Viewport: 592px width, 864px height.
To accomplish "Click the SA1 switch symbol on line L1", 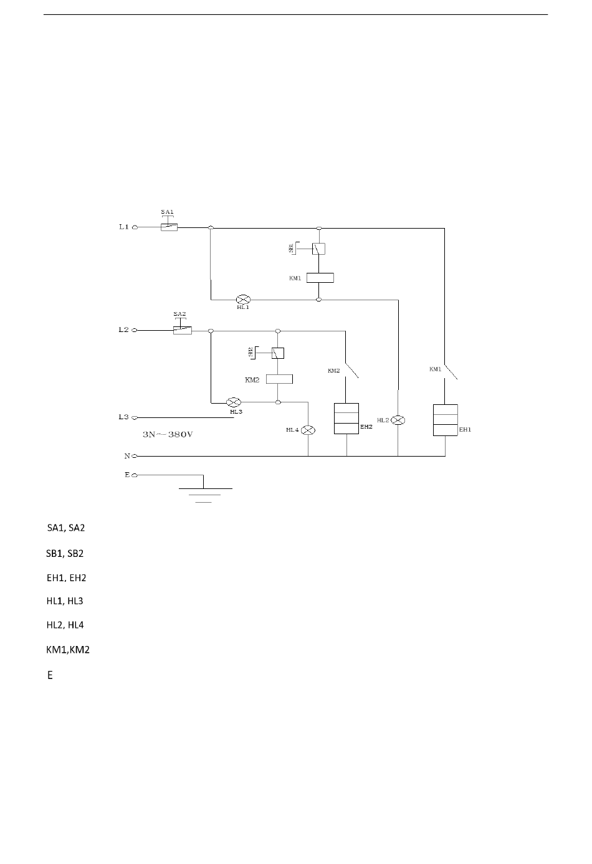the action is click(x=169, y=227).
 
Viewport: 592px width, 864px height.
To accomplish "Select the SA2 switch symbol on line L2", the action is click(x=183, y=330).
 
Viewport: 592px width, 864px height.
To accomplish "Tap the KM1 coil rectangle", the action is click(x=320, y=278).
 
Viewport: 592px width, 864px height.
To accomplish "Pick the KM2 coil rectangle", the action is click(x=279, y=379).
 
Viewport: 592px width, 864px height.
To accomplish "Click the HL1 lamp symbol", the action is click(x=243, y=299).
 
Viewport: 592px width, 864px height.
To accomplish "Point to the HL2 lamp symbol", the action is click(x=398, y=420).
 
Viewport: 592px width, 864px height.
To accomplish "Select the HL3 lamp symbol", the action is click(x=233, y=402).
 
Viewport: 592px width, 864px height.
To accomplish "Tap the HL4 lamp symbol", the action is click(x=308, y=430).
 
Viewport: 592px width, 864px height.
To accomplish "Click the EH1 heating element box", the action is click(x=446, y=420).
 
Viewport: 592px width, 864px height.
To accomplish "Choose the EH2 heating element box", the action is click(x=346, y=419).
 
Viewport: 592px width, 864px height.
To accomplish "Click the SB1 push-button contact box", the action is click(x=319, y=249).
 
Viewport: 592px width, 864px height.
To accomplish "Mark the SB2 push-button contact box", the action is click(x=278, y=353).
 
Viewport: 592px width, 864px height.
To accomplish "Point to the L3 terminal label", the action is click(x=123, y=417).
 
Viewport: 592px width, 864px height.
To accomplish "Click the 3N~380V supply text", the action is click(x=168, y=434).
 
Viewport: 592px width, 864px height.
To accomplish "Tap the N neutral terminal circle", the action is click(x=135, y=457).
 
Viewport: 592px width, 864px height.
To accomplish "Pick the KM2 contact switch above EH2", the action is click(x=351, y=370).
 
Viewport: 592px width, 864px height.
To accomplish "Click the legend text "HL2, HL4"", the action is click(x=65, y=625).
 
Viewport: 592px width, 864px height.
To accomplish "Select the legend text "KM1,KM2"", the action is click(x=68, y=650).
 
